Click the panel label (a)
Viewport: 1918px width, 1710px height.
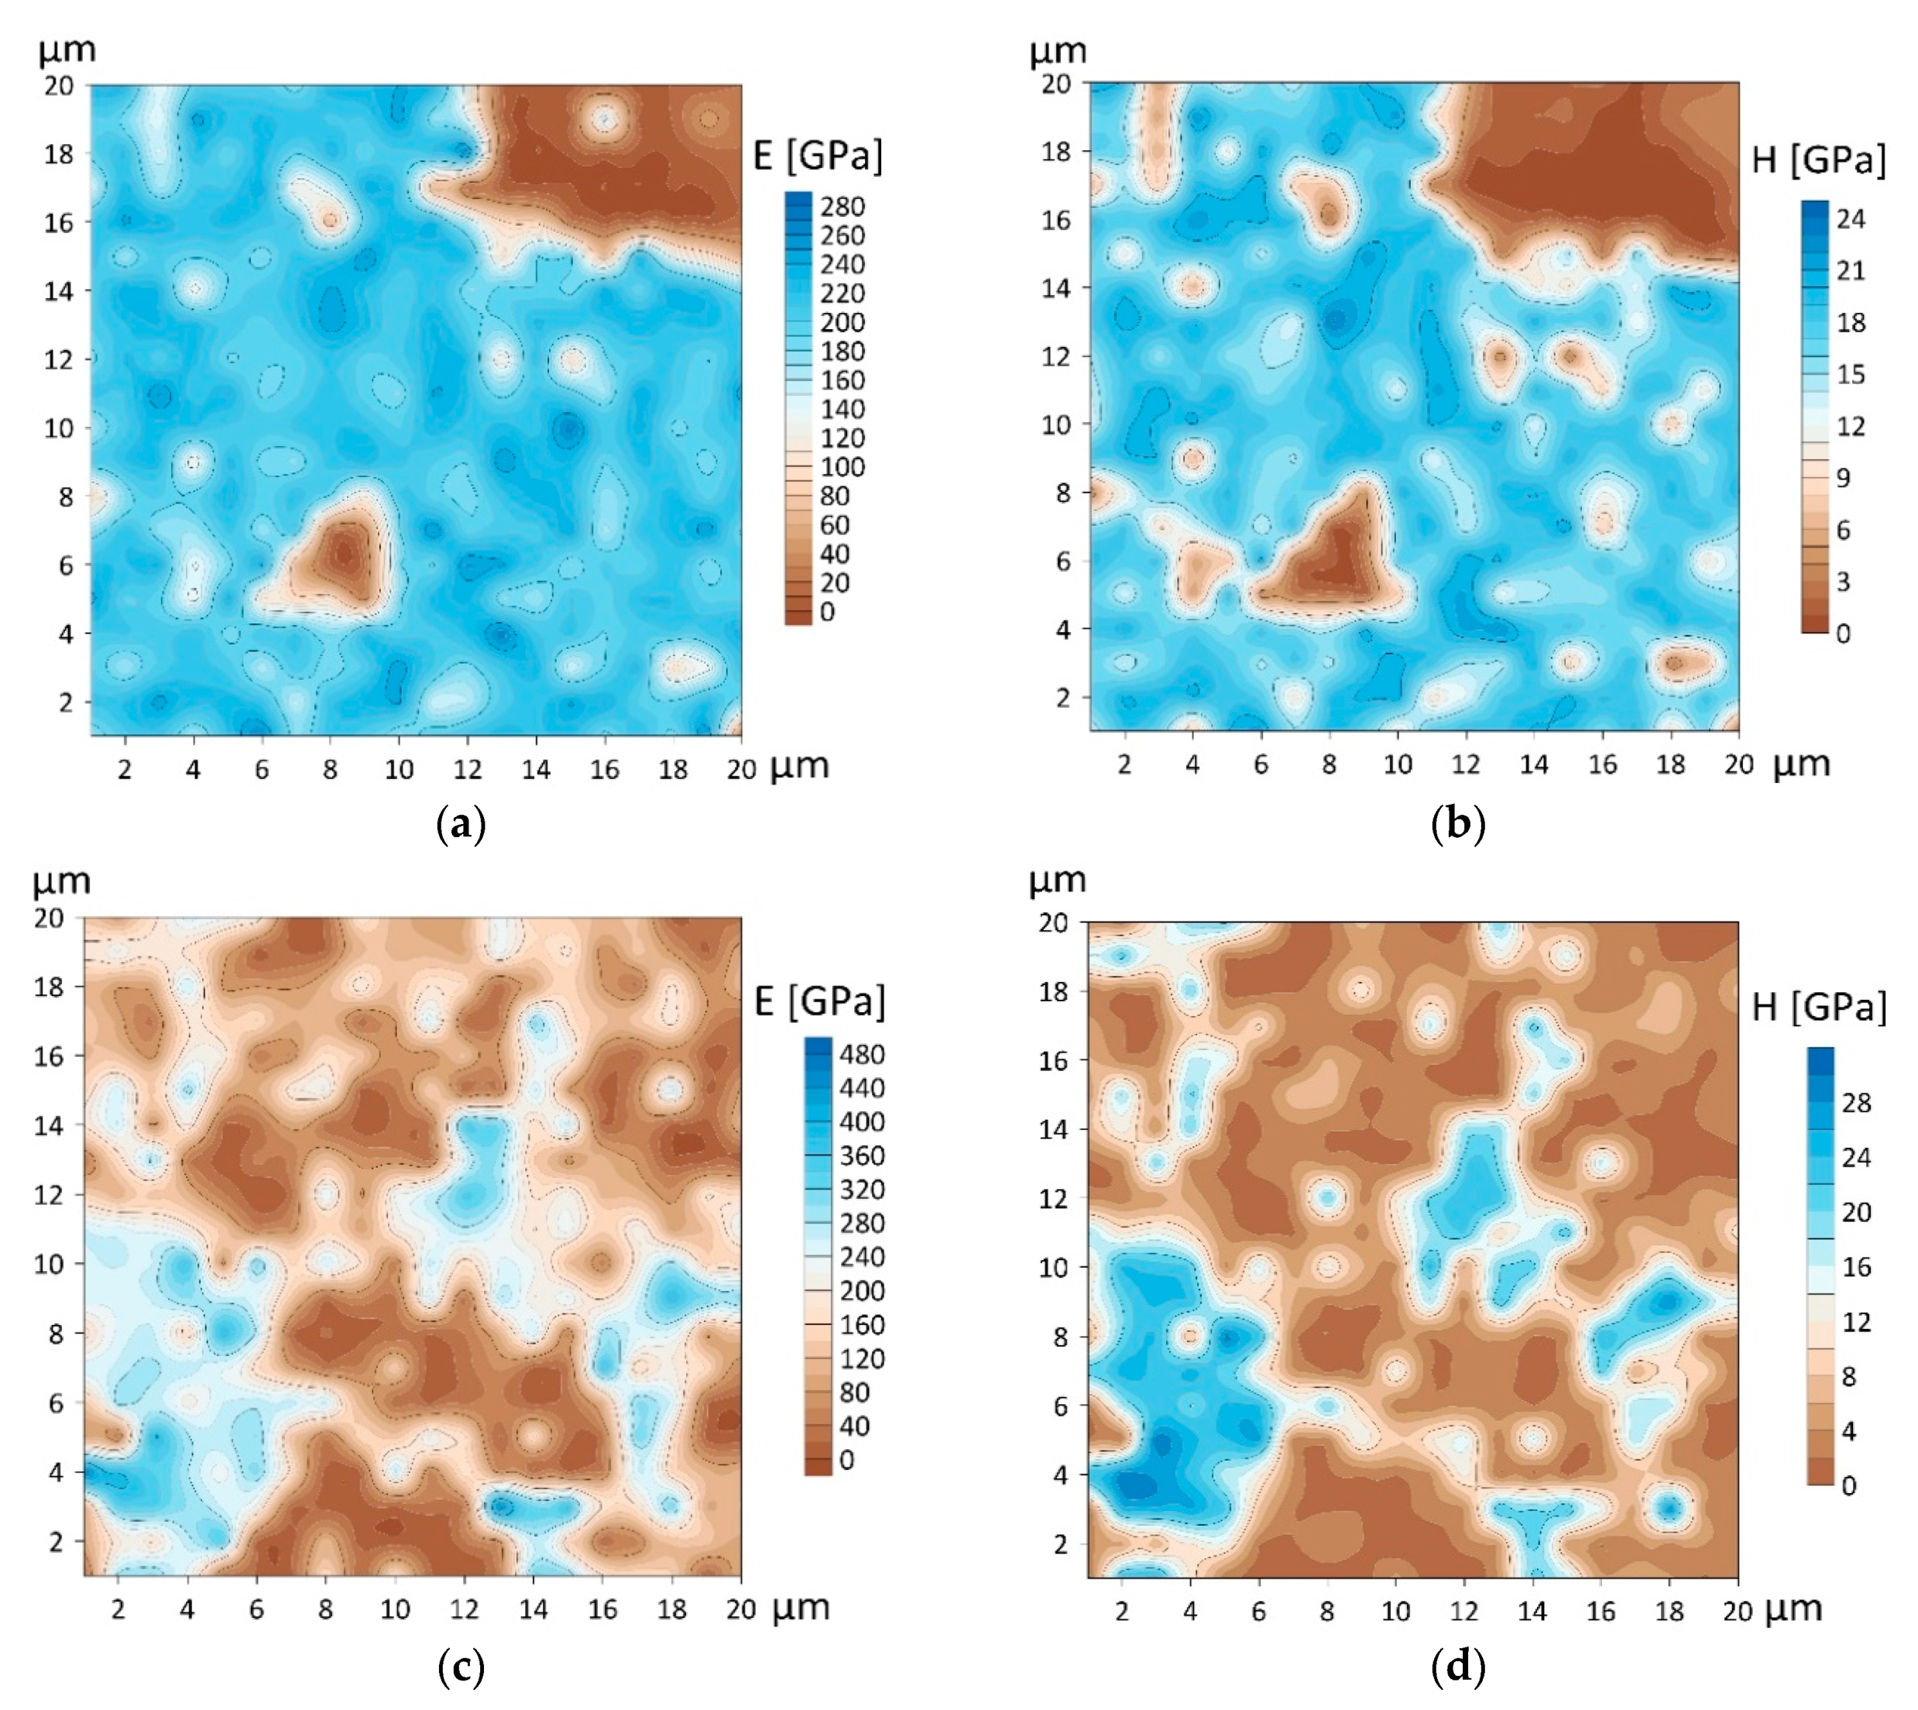pos(461,825)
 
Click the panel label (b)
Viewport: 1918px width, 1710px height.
pos(1458,824)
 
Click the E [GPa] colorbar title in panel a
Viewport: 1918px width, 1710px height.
pos(818,156)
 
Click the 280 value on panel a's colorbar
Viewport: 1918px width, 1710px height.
pos(842,207)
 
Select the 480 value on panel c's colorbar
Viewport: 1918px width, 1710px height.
pos(861,1054)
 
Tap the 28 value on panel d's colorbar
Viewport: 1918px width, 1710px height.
pos(1856,1102)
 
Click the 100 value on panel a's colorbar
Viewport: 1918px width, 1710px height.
pos(842,467)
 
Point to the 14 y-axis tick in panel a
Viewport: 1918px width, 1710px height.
pos(58,290)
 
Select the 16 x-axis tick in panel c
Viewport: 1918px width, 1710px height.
pos(602,1609)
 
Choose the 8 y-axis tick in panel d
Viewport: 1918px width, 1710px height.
pos(1061,1337)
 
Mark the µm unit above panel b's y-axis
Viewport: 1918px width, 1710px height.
pos(1058,51)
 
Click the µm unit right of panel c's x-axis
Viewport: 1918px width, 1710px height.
pos(800,1608)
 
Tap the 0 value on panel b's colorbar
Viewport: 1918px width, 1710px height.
pos(1843,634)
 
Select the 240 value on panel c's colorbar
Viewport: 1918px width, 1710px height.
pos(861,1257)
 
